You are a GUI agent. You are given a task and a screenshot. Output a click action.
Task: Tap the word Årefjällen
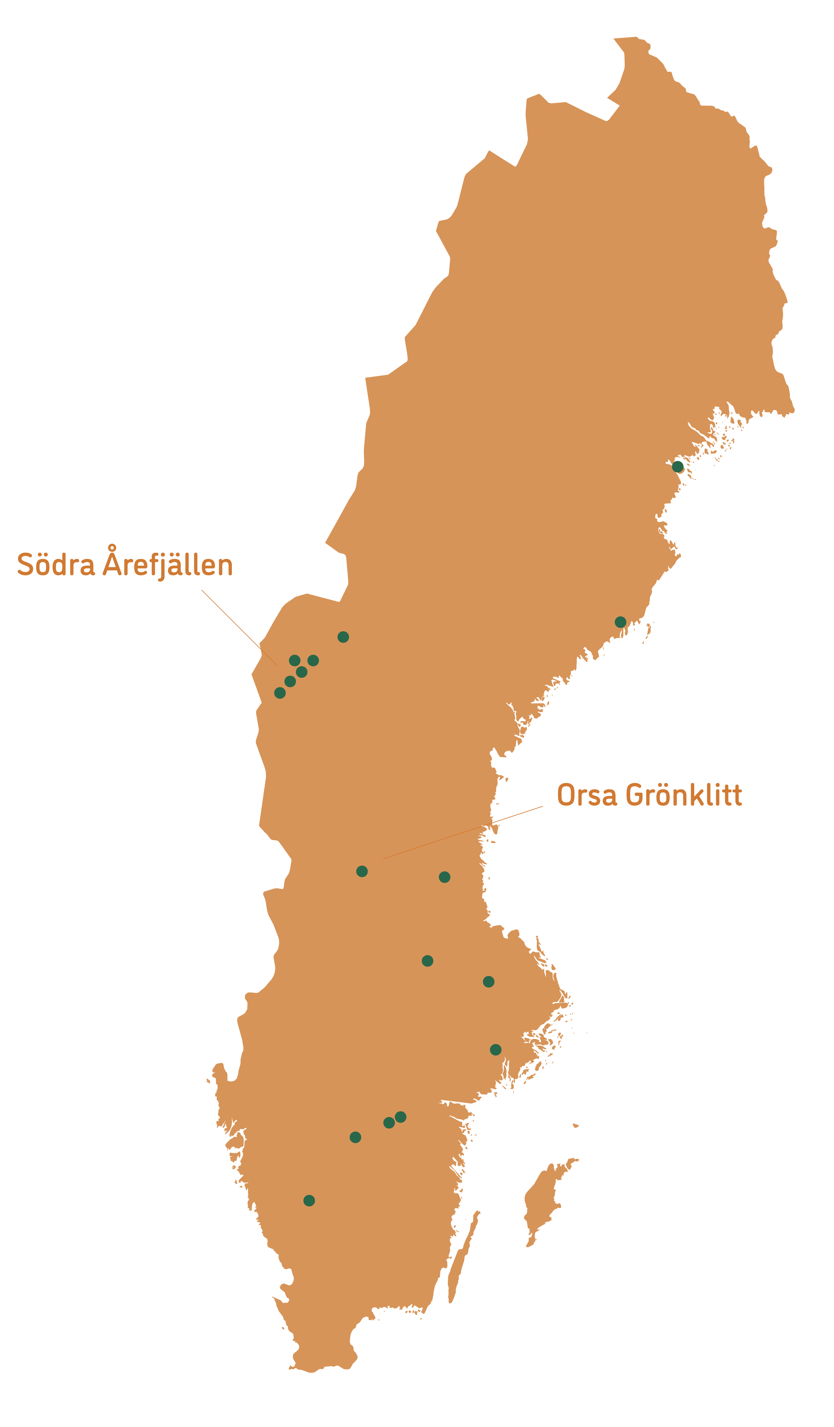[x=168, y=564]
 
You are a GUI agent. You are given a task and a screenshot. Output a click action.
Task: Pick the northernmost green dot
[x=678, y=466]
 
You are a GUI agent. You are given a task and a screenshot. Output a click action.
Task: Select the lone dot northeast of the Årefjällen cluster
[x=343, y=637]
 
